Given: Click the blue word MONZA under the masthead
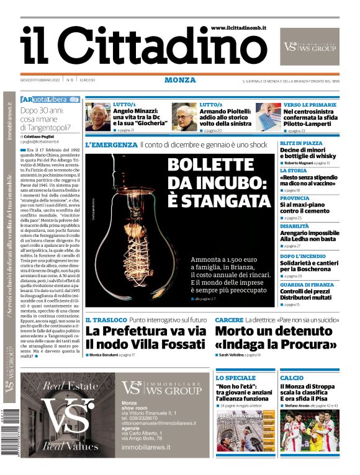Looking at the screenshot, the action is click(x=180, y=80).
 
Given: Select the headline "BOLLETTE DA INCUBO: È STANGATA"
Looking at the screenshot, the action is click(x=219, y=183).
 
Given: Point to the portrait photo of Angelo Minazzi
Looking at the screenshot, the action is click(x=97, y=117).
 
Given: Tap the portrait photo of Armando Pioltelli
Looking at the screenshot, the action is click(x=184, y=117).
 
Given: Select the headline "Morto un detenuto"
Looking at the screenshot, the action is click(x=271, y=331).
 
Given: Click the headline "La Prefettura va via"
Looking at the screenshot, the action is click(x=145, y=331).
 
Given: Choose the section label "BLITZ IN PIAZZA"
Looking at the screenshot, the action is click(x=301, y=143).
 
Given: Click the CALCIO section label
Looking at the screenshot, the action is click(x=292, y=378).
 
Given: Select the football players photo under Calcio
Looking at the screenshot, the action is click(x=309, y=430).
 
